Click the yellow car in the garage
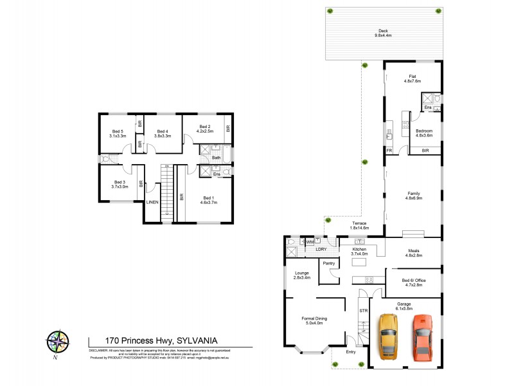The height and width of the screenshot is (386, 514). [389, 336]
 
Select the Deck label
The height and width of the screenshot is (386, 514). [383, 30]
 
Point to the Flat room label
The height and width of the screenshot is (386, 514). [412, 75]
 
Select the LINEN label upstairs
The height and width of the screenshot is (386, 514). [152, 203]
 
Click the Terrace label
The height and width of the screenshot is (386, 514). [359, 223]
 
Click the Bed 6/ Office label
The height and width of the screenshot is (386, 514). [412, 280]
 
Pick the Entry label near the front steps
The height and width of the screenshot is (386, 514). [350, 351]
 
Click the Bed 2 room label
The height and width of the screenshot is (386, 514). [205, 126]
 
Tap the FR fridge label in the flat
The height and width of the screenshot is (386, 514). [389, 151]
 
